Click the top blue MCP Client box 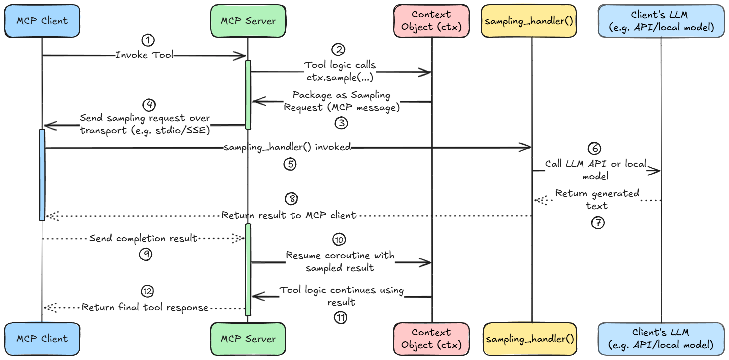pyautogui.click(x=42, y=21)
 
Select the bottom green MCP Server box pyautogui.click(x=248, y=339)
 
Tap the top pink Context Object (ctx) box pyautogui.click(x=432, y=21)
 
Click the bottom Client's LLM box pyautogui.click(x=661, y=339)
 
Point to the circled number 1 pyautogui.click(x=147, y=40)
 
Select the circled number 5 pyautogui.click(x=290, y=164)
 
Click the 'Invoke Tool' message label pyautogui.click(x=145, y=55)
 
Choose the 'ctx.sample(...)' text pyautogui.click(x=340, y=78)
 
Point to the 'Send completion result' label pyautogui.click(x=144, y=238)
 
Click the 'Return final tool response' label pyautogui.click(x=145, y=308)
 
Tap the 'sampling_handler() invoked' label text pyautogui.click(x=288, y=147)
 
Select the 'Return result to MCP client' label pyautogui.click(x=289, y=215)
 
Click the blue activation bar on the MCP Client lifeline pyautogui.click(x=42, y=175)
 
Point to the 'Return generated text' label pyautogui.click(x=597, y=199)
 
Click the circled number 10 pyautogui.click(x=339, y=240)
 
